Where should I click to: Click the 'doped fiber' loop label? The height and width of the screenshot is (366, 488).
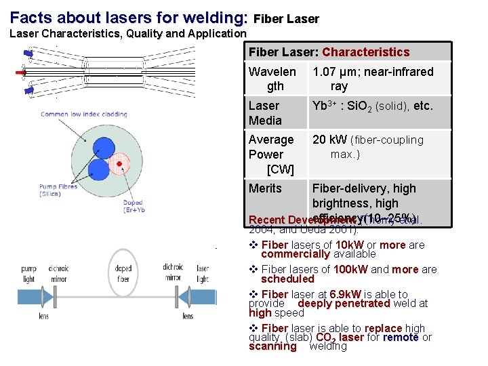(123, 273)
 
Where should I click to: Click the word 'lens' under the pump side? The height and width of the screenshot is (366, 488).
(43, 315)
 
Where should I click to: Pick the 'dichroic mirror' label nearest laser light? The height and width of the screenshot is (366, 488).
(173, 272)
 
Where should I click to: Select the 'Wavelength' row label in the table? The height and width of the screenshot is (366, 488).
(272, 79)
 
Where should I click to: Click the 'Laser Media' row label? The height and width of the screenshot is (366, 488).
(265, 113)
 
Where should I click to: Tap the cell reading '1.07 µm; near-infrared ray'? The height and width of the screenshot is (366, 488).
(372, 79)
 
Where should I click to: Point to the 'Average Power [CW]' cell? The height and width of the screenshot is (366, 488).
(271, 154)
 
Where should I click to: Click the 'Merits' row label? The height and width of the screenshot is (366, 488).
(265, 188)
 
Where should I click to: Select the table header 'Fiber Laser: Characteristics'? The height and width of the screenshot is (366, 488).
(329, 52)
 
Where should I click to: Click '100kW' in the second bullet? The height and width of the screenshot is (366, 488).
(352, 269)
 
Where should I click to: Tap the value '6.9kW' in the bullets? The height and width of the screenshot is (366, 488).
(346, 295)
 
